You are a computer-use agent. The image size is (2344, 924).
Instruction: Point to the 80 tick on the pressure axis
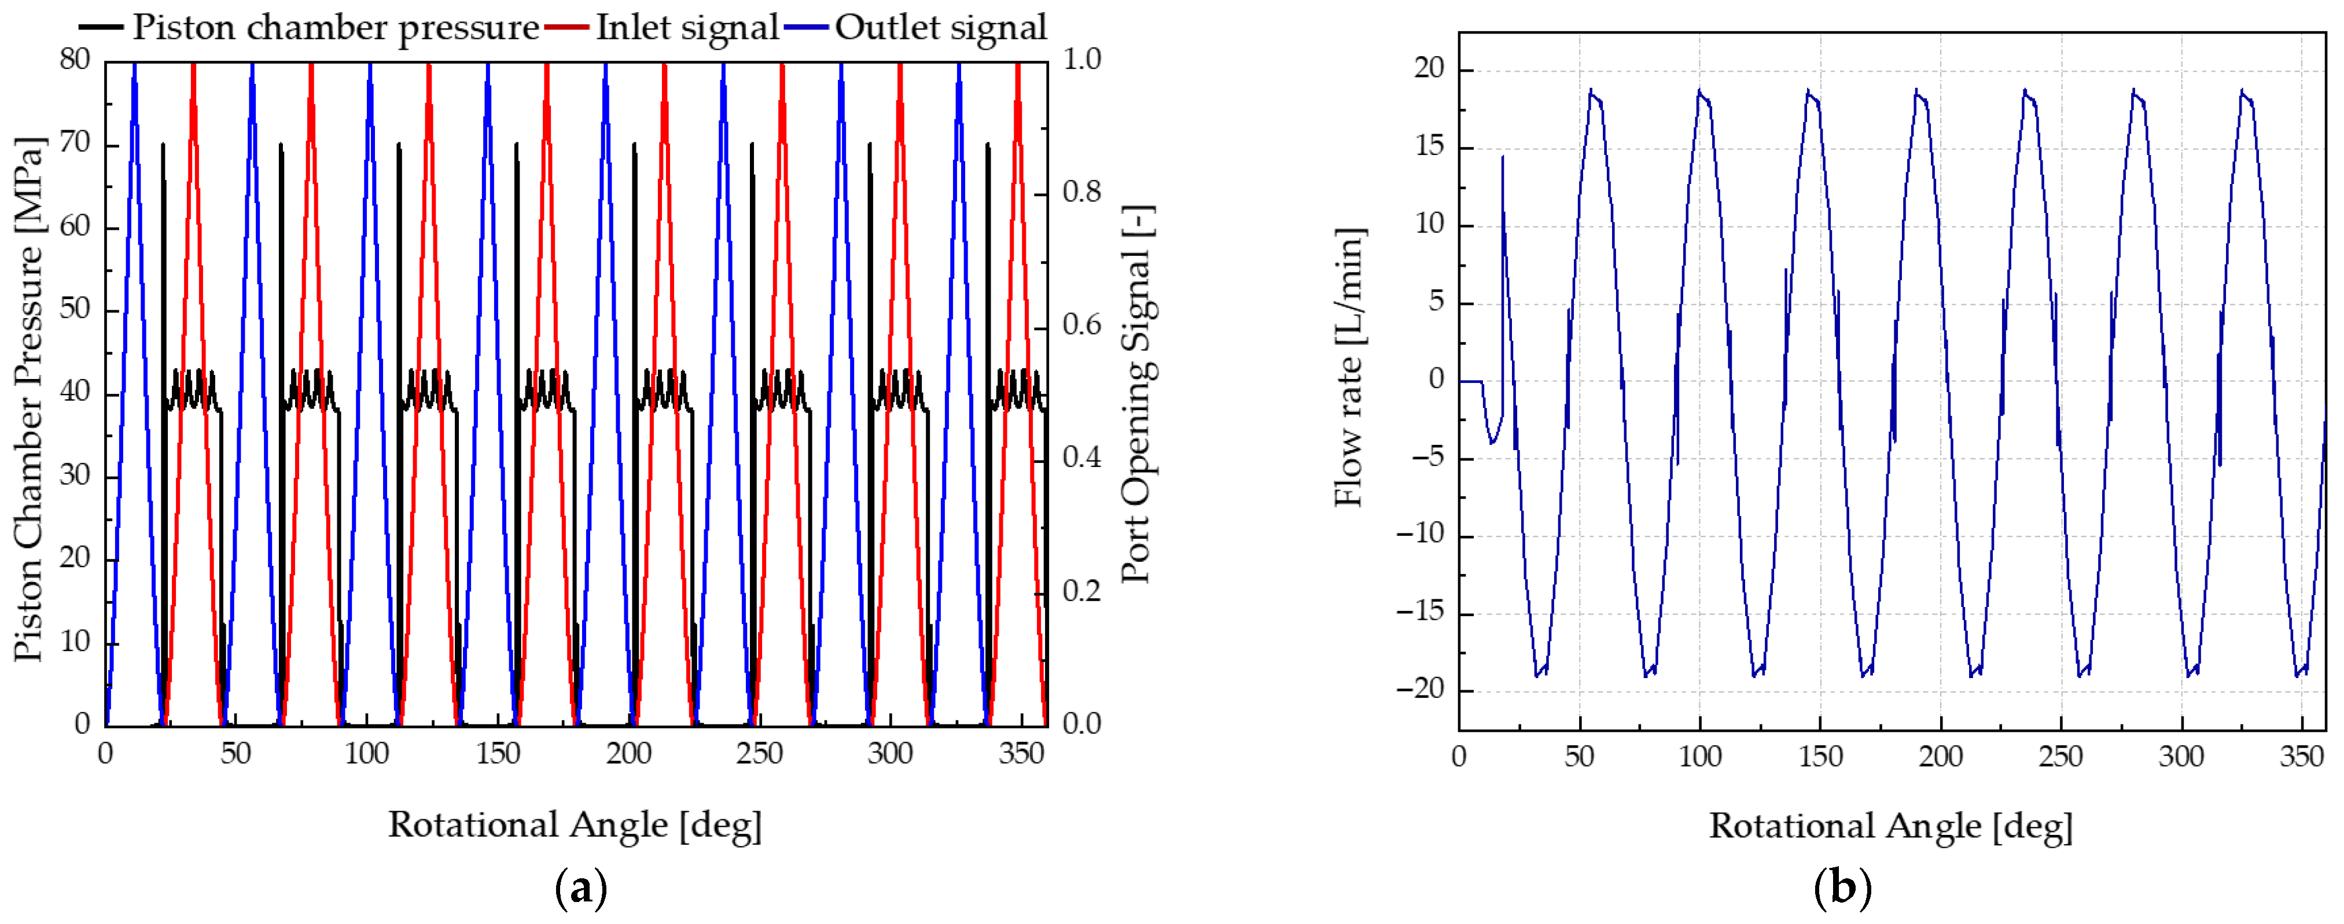point(76,60)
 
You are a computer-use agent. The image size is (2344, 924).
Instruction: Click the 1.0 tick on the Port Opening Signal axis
point(1082,60)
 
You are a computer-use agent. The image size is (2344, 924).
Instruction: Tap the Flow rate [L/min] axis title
point(1349,367)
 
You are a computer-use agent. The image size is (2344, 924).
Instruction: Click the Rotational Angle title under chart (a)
point(575,825)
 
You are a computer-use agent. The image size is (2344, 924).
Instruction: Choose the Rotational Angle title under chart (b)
point(1891,826)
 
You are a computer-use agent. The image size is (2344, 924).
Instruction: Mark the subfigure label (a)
point(580,889)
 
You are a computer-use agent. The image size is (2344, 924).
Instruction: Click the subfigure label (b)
point(1843,889)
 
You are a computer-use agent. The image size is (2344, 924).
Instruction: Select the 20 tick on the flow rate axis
point(1430,69)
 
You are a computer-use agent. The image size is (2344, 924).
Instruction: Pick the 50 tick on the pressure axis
point(76,310)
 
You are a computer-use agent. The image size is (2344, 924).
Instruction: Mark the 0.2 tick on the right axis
point(1082,592)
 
